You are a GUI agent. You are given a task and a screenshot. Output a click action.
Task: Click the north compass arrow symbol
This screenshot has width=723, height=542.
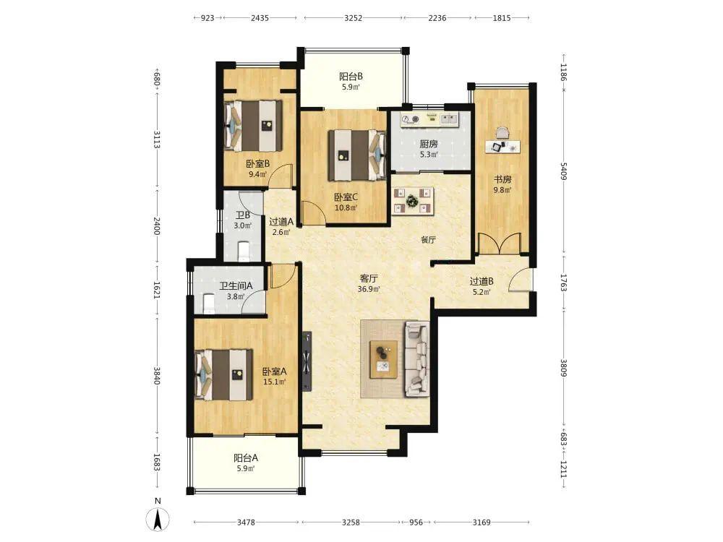[x=158, y=520]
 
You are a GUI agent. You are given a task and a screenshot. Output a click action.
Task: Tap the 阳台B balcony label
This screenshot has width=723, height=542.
[x=351, y=77]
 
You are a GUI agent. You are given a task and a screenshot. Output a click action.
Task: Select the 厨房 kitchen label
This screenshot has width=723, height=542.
[x=428, y=144]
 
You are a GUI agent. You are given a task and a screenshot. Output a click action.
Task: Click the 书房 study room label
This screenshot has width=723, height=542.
[x=502, y=179]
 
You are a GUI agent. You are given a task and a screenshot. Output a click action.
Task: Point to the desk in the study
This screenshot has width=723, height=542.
[x=502, y=147]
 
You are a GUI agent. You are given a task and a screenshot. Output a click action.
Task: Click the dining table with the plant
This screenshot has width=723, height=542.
[x=412, y=201]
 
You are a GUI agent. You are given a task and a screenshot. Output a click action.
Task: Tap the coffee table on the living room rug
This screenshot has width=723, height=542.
[x=384, y=359]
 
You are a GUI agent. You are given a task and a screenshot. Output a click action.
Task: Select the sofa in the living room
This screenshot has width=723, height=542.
[x=417, y=359]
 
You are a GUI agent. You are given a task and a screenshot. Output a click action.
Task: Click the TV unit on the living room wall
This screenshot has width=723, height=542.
[x=307, y=361]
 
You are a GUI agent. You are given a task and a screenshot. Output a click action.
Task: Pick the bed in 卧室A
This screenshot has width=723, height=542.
[x=224, y=374]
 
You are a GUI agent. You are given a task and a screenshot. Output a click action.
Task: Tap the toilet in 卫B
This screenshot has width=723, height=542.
[x=243, y=251]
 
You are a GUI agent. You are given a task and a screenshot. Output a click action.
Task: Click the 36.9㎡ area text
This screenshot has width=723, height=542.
[x=369, y=290]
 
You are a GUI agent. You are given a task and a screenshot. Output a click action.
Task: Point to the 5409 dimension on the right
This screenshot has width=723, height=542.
[x=563, y=171]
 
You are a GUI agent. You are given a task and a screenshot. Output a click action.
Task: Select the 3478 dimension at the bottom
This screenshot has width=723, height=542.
[x=247, y=522]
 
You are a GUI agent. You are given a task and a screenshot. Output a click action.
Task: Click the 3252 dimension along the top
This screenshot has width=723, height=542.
[x=354, y=18]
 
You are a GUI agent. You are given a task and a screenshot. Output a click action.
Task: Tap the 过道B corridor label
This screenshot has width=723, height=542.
[x=482, y=281]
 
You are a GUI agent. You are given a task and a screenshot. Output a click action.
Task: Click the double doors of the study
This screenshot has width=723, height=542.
[x=500, y=244]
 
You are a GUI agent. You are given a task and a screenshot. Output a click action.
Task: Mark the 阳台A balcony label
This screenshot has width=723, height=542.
[x=246, y=458]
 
